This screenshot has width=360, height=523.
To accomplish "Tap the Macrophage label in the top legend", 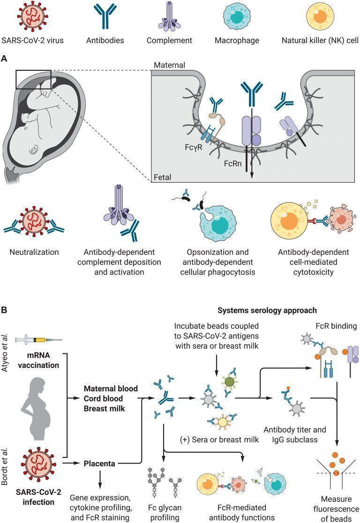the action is pyautogui.click(x=237, y=41).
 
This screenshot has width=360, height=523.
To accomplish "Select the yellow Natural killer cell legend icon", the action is pyautogui.click(x=320, y=15).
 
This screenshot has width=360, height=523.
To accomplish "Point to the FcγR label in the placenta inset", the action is pyautogui.click(x=194, y=147).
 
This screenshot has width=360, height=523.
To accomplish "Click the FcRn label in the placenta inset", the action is pyautogui.click(x=232, y=164).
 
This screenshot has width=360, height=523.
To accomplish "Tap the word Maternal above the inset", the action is pyautogui.click(x=169, y=65).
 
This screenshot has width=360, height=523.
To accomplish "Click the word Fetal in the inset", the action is pyautogui.click(x=163, y=177).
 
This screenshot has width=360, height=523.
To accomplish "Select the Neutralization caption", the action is pyautogui.click(x=34, y=252).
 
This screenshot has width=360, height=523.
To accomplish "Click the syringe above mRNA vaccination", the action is pyautogui.click(x=38, y=340).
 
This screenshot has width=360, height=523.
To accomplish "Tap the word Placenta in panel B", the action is pyautogui.click(x=99, y=463).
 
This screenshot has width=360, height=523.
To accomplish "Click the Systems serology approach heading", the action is pyautogui.click(x=267, y=311).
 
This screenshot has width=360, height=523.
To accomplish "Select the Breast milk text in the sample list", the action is pyautogui.click(x=105, y=409).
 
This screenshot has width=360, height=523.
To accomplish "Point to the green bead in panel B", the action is pyautogui.click(x=229, y=381).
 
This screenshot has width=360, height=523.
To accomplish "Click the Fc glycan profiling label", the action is pyautogui.click(x=165, y=513).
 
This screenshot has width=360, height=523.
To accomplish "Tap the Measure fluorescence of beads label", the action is pyautogui.click(x=336, y=509).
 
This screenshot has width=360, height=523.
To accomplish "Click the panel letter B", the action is pyautogui.click(x=4, y=310).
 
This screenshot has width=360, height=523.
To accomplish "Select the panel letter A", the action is pyautogui.click(x=4, y=59).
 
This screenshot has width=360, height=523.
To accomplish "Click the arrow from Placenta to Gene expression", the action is pyautogui.click(x=100, y=479).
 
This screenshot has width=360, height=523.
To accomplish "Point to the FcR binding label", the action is pyautogui.click(x=336, y=326).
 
